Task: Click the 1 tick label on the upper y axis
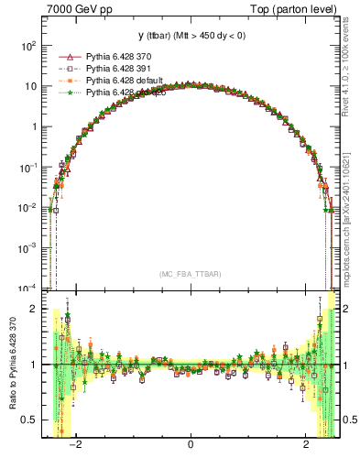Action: click(33, 126)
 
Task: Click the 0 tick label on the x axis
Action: click(190, 445)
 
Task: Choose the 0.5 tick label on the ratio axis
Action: click(27, 420)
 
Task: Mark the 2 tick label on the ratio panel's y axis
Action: click(33, 309)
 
